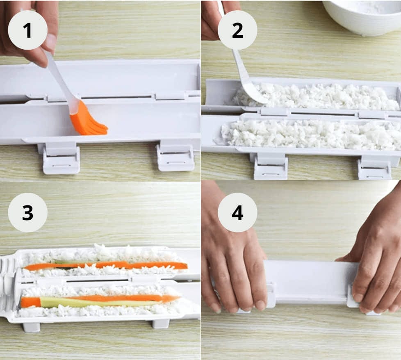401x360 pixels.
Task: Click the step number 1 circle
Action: coord(27,30)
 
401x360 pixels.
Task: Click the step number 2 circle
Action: coord(237,30)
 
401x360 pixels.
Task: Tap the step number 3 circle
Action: coord(27,212)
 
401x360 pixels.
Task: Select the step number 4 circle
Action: coord(237,212)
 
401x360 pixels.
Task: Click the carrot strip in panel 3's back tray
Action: coord(107,265)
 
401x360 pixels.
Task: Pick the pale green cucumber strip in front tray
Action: coord(94,303)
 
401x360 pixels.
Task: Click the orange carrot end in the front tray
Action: coord(30,302)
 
